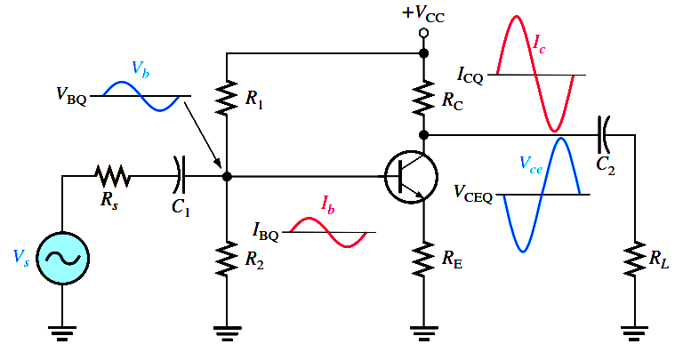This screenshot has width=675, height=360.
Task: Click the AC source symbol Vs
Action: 62,259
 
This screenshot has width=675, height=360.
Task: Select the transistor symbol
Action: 410,176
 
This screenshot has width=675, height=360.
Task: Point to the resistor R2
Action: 228,259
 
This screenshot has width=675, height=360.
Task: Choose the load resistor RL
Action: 633,259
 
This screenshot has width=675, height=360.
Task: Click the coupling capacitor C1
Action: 181,175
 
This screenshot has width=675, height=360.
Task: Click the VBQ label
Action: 71,95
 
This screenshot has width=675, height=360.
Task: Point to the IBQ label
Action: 266,235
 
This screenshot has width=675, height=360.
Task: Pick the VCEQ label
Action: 473,191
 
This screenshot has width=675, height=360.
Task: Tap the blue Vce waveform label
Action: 533,163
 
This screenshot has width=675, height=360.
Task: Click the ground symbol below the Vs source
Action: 62,333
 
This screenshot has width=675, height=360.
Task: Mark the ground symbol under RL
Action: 633,333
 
